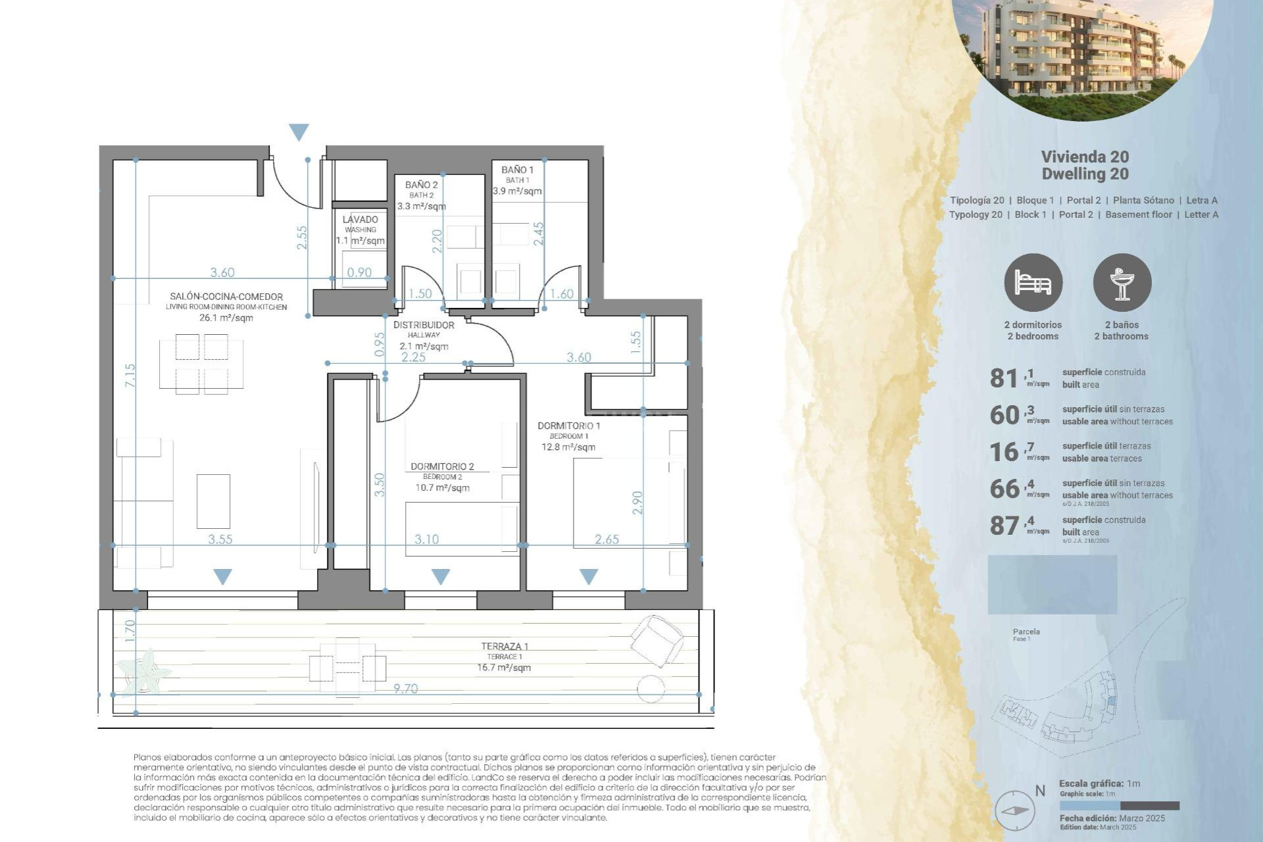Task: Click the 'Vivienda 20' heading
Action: [1085, 157]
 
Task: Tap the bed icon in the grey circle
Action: [1033, 283]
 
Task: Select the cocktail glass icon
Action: [1122, 283]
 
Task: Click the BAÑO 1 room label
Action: [517, 170]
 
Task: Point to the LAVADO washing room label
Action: [360, 220]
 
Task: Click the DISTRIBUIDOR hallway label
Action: [424, 325]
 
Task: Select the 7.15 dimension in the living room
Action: [130, 375]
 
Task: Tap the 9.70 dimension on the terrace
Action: [405, 689]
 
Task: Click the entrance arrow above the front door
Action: [299, 132]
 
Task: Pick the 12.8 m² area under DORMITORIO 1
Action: [568, 447]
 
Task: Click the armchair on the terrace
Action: [656, 639]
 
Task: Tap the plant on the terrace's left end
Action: [145, 671]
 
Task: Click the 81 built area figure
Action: [1004, 378]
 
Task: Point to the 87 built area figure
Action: [1004, 526]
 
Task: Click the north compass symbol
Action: [1015, 810]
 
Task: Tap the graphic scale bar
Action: [1119, 806]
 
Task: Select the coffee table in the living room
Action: [213, 501]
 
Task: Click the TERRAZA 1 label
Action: [504, 647]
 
